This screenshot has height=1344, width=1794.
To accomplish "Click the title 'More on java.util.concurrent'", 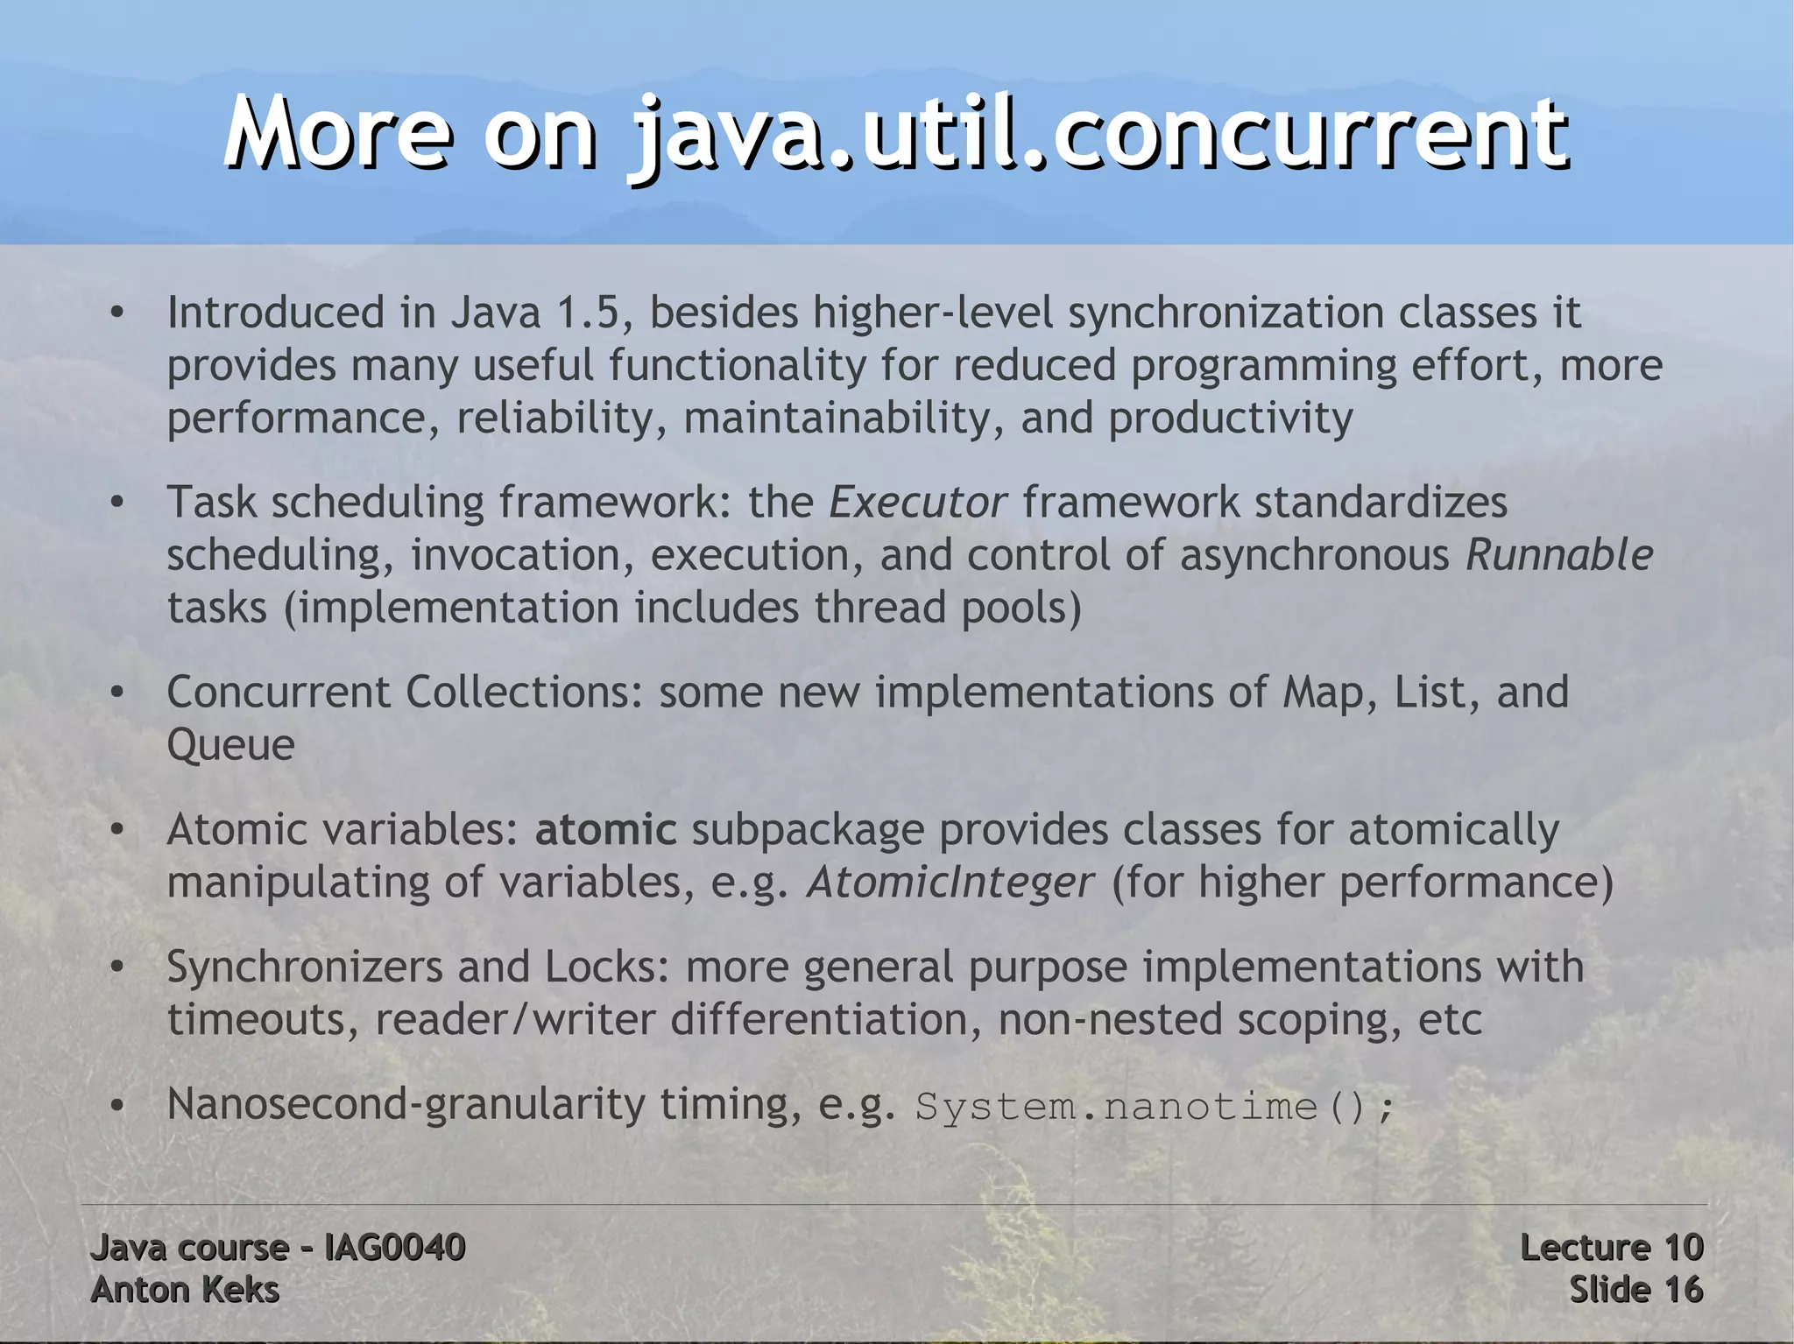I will (895, 134).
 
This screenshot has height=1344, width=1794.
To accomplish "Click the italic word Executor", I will (917, 503).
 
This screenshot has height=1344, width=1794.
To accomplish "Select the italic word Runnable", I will (1559, 555).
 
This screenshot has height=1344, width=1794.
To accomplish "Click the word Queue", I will (230, 745).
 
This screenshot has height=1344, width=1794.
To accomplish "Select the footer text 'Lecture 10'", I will (1611, 1248).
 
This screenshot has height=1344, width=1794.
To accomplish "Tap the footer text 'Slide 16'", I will (1635, 1290).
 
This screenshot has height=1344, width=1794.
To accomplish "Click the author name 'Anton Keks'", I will (185, 1290).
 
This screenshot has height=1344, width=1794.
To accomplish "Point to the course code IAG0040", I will (394, 1248).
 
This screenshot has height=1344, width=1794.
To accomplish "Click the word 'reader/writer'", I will (515, 1020).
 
